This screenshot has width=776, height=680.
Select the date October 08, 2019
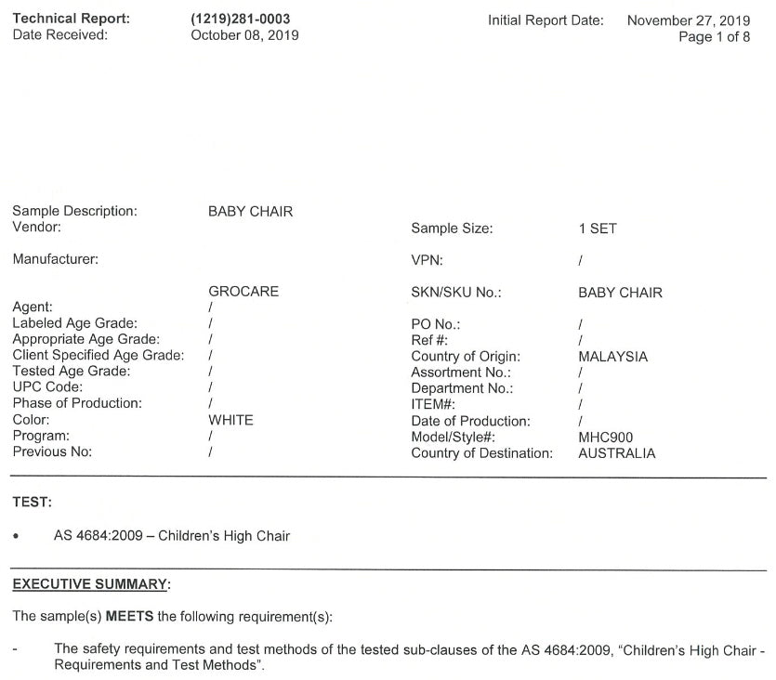click(x=244, y=35)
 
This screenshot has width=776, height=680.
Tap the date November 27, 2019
click(x=689, y=20)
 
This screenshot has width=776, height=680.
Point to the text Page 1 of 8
click(x=714, y=37)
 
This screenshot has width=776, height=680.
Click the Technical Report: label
click(x=72, y=20)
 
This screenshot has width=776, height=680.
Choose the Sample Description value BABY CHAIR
click(x=250, y=212)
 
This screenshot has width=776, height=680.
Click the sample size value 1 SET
click(x=597, y=229)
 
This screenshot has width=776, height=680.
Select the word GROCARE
click(x=243, y=292)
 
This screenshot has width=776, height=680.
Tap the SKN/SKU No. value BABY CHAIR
click(x=620, y=293)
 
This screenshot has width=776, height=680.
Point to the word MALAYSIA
click(x=612, y=357)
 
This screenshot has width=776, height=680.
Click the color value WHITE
click(x=230, y=420)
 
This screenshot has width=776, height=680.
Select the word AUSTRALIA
click(x=616, y=453)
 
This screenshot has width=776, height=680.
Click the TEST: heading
click(x=33, y=503)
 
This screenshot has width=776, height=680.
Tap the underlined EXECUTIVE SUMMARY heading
click(x=91, y=584)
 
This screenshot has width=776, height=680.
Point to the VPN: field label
click(x=427, y=261)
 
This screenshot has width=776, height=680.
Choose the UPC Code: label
click(x=47, y=387)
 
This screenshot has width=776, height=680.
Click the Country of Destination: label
click(x=481, y=453)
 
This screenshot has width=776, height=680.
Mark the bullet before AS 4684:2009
click(x=17, y=537)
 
